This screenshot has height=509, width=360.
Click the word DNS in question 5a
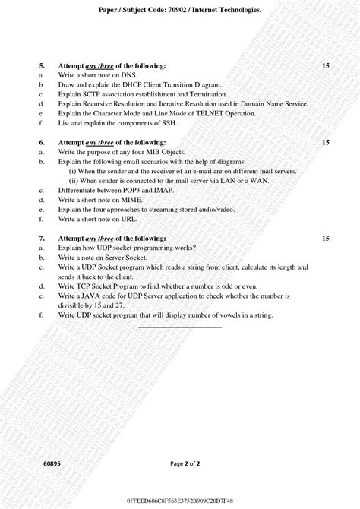tap(126, 76)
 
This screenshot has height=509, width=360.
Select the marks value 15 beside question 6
tap(325, 142)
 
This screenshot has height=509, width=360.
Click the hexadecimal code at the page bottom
tap(180, 501)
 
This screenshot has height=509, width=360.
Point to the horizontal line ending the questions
tap(180, 327)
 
